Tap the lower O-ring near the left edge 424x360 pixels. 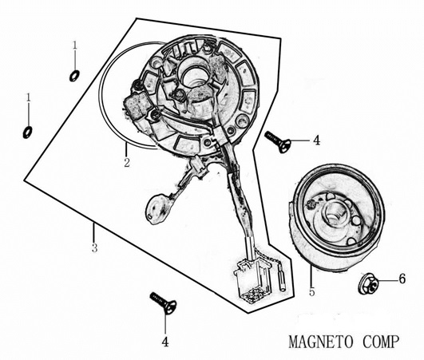(28, 131)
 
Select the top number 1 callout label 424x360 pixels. (74, 45)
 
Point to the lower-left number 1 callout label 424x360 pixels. (28, 97)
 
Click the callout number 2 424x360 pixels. (126, 163)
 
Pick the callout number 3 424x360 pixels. (94, 248)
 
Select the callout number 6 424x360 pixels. (402, 279)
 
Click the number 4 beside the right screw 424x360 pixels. (316, 140)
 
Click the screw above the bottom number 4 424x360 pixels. (163, 303)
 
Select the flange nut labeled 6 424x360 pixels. (367, 281)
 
